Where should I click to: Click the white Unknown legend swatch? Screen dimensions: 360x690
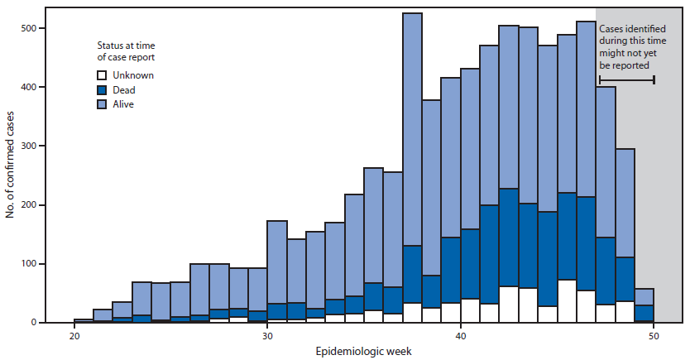[x=101, y=75]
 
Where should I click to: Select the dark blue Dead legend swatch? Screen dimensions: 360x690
[x=101, y=90]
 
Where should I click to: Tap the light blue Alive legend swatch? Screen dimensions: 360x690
[x=101, y=105]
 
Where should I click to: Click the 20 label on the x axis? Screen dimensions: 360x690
[x=74, y=337]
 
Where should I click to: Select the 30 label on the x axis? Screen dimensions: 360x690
[x=267, y=337]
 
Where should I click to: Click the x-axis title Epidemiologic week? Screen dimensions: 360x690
[x=364, y=352]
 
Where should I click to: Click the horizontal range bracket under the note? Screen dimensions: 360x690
[x=626, y=80]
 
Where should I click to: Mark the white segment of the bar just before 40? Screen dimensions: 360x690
[x=451, y=312]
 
